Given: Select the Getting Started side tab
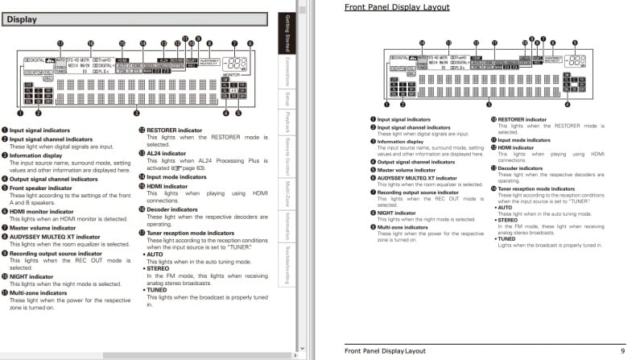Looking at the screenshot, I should [x=287, y=35].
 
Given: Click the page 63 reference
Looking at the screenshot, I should [x=199, y=168].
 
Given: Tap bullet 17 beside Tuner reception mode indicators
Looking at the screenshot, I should [x=141, y=233].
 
